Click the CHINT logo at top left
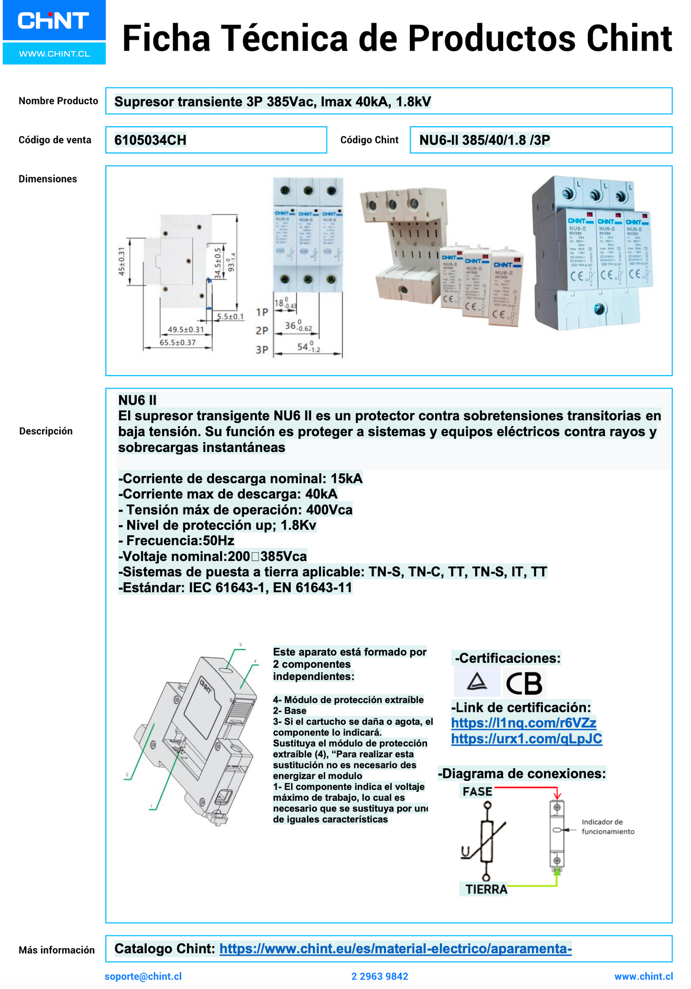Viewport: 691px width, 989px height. tap(54, 21)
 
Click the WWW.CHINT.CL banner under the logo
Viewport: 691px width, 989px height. tap(54, 54)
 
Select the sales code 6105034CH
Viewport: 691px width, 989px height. tap(150, 140)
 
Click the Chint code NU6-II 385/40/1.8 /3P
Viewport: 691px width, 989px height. tap(484, 140)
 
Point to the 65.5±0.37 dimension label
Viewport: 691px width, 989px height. tap(177, 343)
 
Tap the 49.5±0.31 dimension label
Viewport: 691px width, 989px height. tap(186, 329)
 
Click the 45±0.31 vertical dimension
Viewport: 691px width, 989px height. tap(121, 261)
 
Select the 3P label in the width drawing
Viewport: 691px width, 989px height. tap(262, 350)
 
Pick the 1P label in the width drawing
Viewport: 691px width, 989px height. tap(262, 312)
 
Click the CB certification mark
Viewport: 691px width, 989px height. tap(524, 683)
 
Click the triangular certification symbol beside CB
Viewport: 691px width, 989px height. tap(477, 682)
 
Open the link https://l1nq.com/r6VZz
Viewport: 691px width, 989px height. tap(524, 723)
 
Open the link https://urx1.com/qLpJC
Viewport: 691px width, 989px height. tap(526, 739)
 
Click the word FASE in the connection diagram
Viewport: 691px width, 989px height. tap(477, 792)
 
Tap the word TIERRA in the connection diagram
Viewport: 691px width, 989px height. tap(486, 889)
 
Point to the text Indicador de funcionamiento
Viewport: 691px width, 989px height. tap(607, 827)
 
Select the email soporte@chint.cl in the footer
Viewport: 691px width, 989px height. tap(143, 976)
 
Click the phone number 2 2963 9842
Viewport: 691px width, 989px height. tap(380, 976)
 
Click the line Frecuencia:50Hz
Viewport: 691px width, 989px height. tap(176, 540)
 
